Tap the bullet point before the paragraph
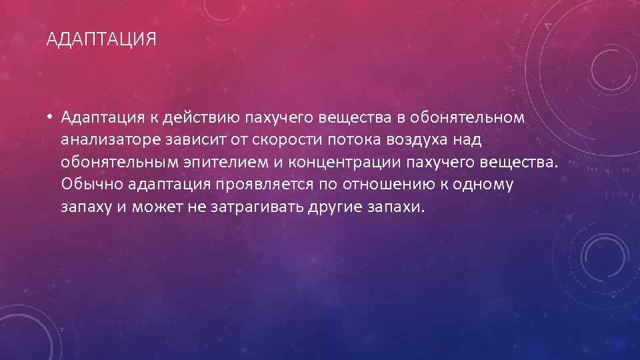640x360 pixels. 50,119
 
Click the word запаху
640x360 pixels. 83,207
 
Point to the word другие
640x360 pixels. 335,207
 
